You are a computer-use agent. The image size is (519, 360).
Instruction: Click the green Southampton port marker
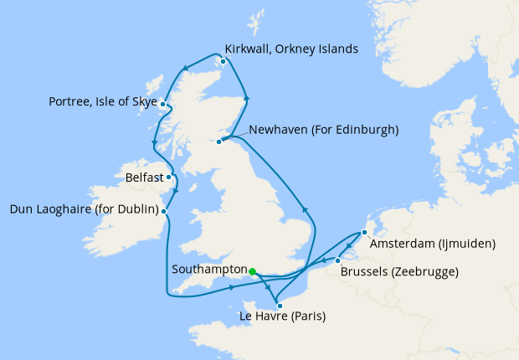(x=252, y=271)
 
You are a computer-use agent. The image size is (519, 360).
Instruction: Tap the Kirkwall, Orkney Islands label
(x=292, y=49)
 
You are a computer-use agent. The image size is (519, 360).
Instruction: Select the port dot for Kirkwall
(x=223, y=60)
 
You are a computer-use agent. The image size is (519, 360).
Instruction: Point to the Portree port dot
(x=162, y=105)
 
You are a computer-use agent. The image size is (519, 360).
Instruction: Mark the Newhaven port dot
(x=219, y=141)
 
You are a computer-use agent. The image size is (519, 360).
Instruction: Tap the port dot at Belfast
(x=169, y=177)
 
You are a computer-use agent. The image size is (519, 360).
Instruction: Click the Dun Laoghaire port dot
(x=165, y=211)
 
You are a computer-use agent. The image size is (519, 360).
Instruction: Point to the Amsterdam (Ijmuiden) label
(x=434, y=244)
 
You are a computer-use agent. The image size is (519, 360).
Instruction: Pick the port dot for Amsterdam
(x=363, y=233)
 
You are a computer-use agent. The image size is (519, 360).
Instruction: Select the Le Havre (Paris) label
(x=282, y=316)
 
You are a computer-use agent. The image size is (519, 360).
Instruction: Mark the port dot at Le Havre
(x=280, y=306)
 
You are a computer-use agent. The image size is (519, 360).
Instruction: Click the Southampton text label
(x=207, y=270)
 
